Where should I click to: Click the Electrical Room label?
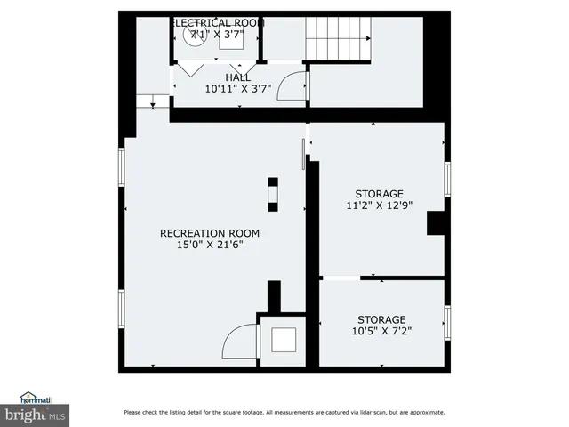pos(218,22)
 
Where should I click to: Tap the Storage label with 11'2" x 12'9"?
pos(379,194)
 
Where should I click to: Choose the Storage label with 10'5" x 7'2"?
pos(381,319)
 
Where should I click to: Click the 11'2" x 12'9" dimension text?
pos(379,205)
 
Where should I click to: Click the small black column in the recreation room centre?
pos(273,193)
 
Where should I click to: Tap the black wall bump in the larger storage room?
pos(436,222)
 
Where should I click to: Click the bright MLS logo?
pos(36,414)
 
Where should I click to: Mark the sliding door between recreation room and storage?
pos(303,153)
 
